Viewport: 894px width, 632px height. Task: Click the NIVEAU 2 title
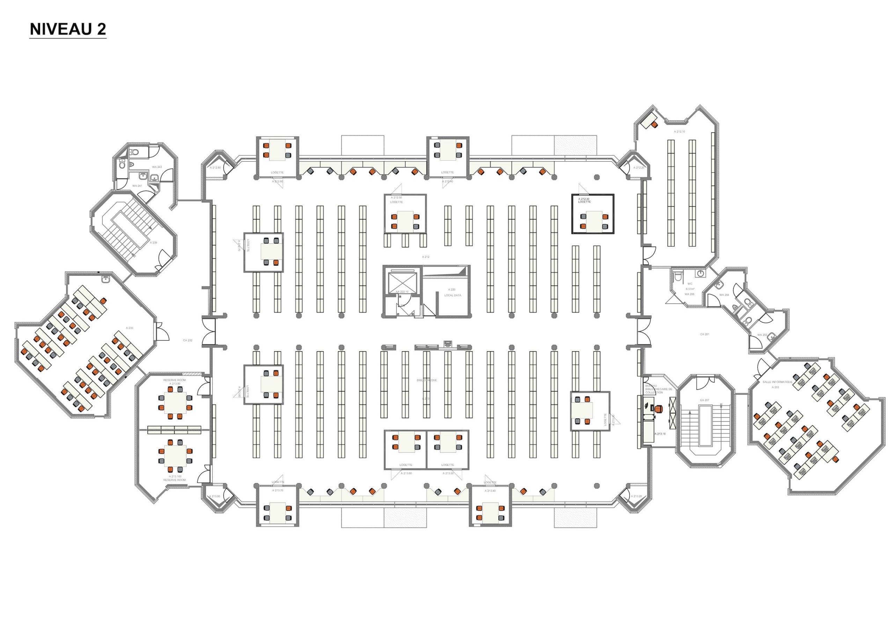coord(68,29)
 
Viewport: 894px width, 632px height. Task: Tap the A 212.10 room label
coord(680,132)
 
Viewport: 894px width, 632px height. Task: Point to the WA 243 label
coord(157,167)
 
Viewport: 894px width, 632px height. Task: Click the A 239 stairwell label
coord(154,243)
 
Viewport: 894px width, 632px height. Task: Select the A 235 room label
coord(129,328)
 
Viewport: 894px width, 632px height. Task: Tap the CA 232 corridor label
coord(188,340)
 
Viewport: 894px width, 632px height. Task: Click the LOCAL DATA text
coord(453,295)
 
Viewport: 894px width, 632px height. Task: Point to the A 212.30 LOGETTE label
coord(584,200)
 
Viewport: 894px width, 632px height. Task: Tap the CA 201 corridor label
coord(704,334)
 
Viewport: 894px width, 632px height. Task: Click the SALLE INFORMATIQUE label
coord(778,382)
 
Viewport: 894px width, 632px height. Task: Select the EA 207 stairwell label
coord(705,400)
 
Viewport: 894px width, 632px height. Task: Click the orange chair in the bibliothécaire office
coord(659,409)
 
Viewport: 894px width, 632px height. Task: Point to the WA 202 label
coord(762,335)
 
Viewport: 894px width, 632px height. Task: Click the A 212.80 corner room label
coord(215,168)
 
